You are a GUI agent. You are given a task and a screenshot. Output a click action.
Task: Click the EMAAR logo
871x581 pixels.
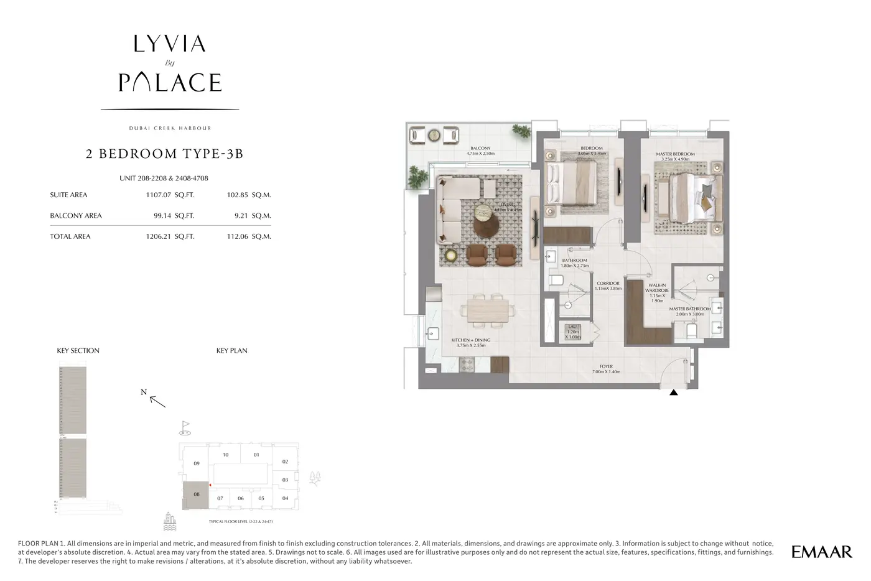coord(821,552)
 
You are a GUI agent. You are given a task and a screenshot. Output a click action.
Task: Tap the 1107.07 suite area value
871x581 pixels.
coord(158,195)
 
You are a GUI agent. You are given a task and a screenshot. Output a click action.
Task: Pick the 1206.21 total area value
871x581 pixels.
coord(158,236)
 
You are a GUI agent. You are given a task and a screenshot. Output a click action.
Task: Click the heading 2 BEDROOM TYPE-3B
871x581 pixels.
coord(164,154)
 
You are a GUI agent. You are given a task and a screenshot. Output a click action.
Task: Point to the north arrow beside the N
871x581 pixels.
coord(158,402)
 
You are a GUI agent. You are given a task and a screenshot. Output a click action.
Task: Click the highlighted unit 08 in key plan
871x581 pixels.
coord(196,495)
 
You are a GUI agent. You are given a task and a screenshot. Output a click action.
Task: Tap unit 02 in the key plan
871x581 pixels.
coord(285,462)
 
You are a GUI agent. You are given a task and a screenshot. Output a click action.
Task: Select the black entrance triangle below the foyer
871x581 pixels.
coord(673,393)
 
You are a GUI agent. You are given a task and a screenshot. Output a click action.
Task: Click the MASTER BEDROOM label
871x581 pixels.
coord(675,154)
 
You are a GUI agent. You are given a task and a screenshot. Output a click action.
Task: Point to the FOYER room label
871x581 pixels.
coord(606,366)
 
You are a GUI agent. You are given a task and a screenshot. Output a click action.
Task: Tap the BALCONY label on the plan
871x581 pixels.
coord(480,149)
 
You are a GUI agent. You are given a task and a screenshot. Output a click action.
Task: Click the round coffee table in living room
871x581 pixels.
coord(486,218)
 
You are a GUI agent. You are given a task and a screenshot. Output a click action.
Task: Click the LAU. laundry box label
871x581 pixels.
coord(572,327)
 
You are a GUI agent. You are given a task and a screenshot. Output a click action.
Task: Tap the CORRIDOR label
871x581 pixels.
coord(607,284)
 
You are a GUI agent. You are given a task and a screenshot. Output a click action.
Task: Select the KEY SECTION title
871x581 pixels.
coord(78,351)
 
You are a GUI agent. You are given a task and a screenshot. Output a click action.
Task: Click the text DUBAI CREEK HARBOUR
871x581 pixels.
coord(170,128)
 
